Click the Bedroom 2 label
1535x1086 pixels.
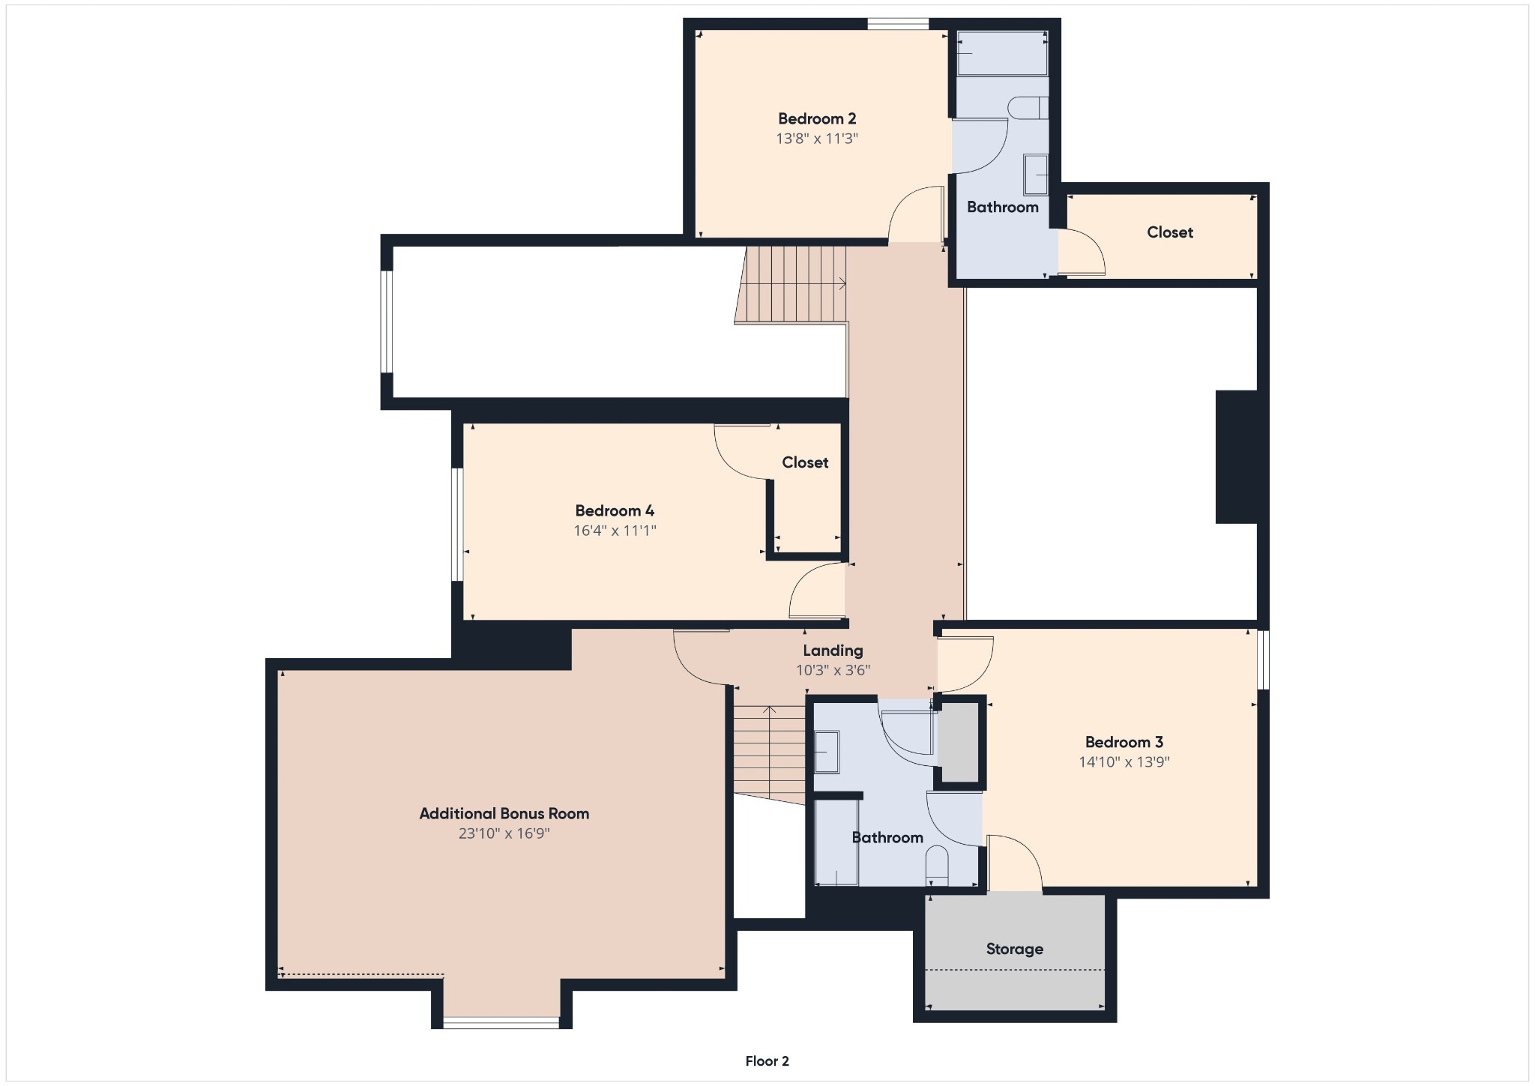[817, 118]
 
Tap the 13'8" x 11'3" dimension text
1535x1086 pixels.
[817, 139]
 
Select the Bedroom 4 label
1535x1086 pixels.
[615, 510]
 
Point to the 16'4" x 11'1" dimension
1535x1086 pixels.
[615, 531]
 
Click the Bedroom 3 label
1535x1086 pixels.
[1124, 742]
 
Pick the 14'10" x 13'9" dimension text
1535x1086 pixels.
[1124, 762]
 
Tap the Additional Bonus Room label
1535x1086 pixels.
[504, 813]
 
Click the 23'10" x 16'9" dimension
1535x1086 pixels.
[504, 833]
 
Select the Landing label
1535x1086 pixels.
[833, 651]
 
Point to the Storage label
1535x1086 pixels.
[1015, 949]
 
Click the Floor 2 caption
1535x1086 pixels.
[767, 1061]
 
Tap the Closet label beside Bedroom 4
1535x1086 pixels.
[805, 462]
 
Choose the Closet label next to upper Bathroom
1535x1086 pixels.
[1170, 232]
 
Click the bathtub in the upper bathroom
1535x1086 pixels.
[1002, 53]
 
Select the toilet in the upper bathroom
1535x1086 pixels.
[1028, 108]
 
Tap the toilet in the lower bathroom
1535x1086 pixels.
[937, 866]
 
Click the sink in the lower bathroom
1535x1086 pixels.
[827, 751]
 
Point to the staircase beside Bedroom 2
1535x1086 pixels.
[791, 284]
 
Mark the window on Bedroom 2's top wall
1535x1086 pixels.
[898, 24]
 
